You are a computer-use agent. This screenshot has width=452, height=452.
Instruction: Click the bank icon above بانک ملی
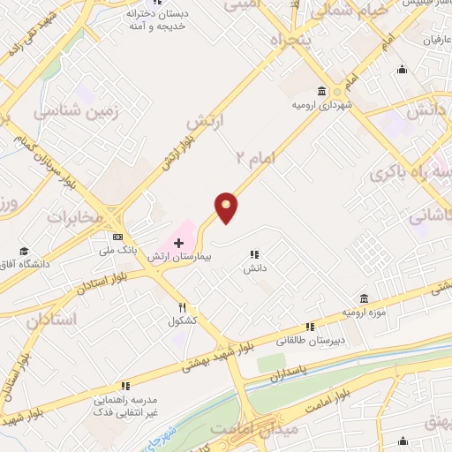[117, 237]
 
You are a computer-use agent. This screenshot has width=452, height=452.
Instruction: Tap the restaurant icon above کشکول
[182, 307]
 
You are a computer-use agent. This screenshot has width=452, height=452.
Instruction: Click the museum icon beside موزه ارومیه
[364, 299]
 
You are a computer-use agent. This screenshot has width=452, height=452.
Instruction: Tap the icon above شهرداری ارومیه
[320, 91]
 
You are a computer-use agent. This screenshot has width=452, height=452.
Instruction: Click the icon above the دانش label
[254, 254]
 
